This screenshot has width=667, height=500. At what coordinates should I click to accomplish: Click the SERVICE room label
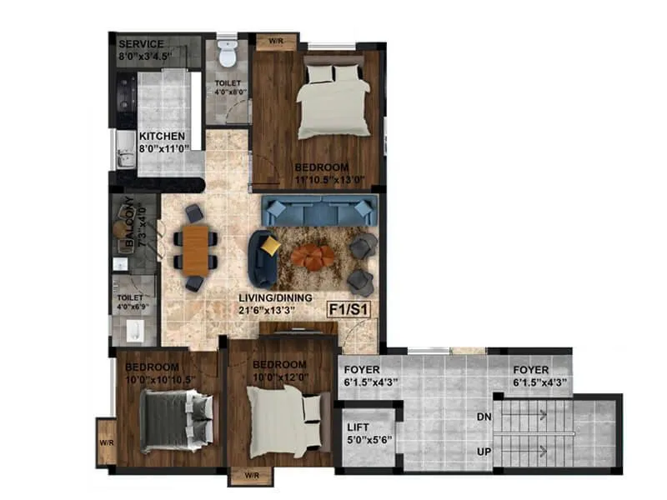point(141,44)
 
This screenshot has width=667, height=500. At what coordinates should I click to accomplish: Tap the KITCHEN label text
point(162,137)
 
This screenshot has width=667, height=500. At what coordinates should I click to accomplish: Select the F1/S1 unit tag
point(351,307)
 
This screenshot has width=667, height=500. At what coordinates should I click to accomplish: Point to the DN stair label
point(484,416)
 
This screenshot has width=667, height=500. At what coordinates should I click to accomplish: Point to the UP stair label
point(484,451)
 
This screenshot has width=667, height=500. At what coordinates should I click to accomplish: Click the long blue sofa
point(321,210)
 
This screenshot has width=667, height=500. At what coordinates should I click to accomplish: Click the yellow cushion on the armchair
point(271,246)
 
